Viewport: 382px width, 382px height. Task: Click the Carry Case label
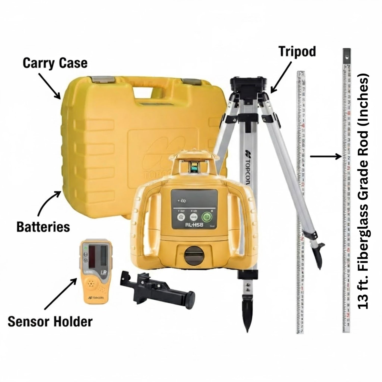point(55,63)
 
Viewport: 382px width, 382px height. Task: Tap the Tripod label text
point(297,52)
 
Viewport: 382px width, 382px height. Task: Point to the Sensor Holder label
point(50,322)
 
